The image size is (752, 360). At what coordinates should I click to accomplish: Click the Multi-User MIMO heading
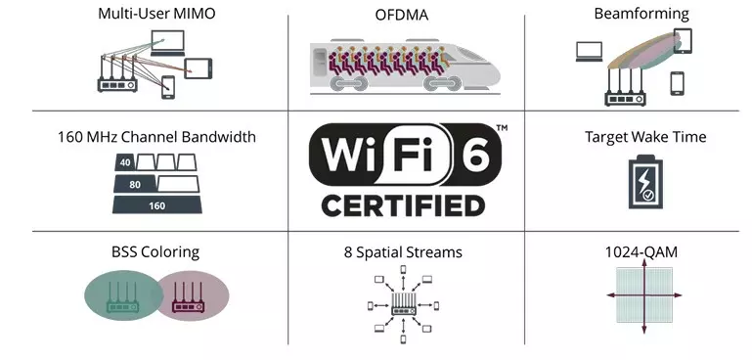[x=156, y=14]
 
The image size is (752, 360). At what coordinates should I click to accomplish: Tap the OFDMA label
[x=401, y=15]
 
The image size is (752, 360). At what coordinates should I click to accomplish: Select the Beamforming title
[x=641, y=14]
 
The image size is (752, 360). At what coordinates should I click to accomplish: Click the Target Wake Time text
[x=645, y=137]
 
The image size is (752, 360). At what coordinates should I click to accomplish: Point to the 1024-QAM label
[x=641, y=252]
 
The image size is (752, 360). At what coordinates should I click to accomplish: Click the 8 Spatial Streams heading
[x=403, y=252]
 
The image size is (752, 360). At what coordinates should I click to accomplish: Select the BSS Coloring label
[x=155, y=252]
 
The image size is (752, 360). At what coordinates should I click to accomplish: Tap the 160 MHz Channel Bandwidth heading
[x=156, y=137]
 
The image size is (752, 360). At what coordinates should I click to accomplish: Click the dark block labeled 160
[x=157, y=205]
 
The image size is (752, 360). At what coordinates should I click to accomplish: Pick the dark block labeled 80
[x=135, y=184]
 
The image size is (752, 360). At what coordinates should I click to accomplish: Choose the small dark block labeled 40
[x=125, y=162]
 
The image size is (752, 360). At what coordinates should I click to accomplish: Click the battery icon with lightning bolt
[x=645, y=181]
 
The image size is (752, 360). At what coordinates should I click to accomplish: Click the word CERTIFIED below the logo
[x=403, y=205]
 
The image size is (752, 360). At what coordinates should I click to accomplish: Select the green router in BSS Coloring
[x=122, y=297]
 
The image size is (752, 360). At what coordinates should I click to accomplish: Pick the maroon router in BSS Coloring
[x=188, y=297]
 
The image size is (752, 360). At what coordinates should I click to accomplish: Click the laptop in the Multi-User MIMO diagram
[x=167, y=43]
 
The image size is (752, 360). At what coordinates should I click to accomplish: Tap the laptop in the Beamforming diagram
[x=589, y=52]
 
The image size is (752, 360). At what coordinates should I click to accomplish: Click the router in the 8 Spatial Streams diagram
[x=403, y=305]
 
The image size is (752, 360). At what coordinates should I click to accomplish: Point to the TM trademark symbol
[x=502, y=128]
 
